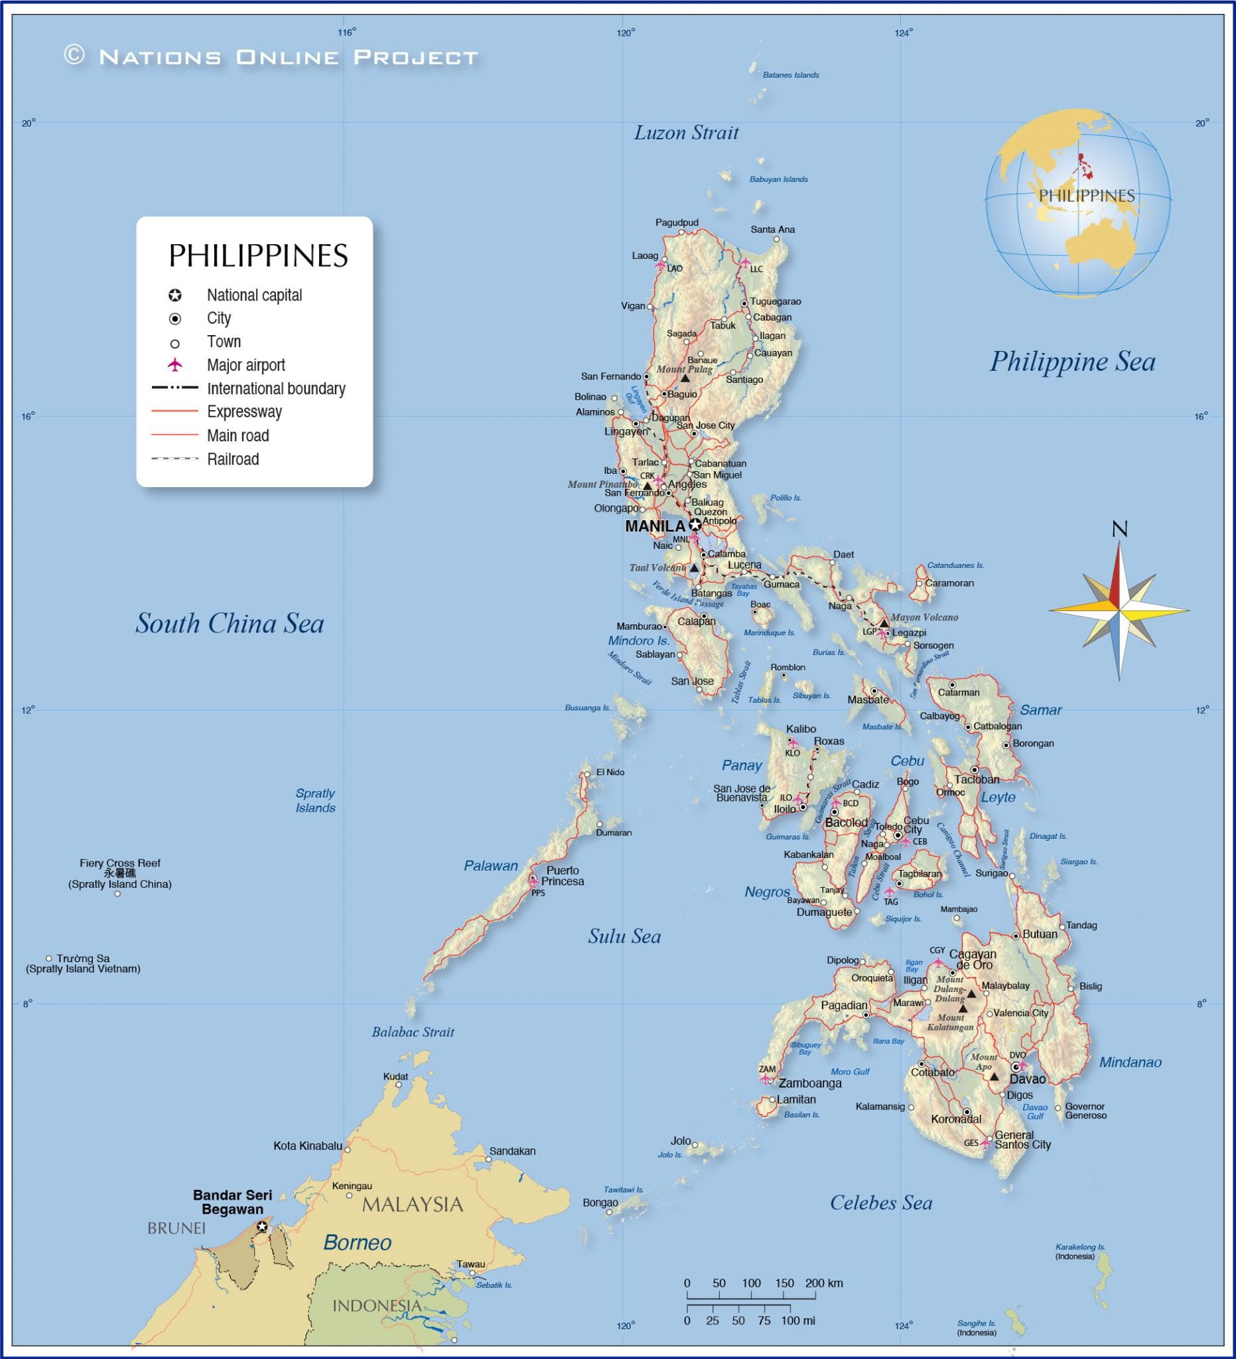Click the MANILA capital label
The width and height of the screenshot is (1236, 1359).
654,526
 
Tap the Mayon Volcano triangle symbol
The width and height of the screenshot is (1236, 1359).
884,624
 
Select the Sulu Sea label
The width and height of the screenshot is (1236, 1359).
624,936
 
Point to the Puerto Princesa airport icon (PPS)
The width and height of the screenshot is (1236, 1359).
534,882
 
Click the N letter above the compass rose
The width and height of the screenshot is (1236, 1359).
1119,530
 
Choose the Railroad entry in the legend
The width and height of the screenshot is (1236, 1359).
232,460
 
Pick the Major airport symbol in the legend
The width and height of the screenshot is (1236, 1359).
175,365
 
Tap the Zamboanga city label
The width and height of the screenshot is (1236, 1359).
809,1084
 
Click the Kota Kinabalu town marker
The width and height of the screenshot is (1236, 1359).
347,1150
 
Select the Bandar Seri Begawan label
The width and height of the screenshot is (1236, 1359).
232,1202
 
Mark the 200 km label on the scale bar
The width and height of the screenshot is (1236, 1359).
823,1283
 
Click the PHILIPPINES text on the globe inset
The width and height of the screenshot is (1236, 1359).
1086,196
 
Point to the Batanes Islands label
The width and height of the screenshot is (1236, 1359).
791,76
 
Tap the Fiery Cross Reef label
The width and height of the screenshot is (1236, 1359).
120,863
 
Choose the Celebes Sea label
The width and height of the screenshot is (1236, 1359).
881,1202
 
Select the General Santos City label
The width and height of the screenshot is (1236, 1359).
1022,1139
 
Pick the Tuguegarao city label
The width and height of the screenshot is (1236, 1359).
775,301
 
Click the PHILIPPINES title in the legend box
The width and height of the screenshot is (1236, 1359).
258,256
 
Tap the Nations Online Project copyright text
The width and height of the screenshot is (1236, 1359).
271,56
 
